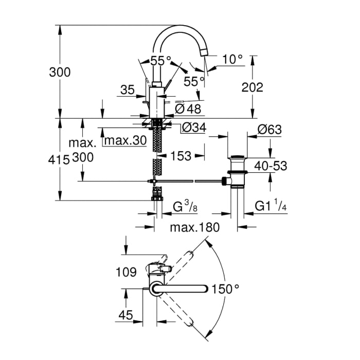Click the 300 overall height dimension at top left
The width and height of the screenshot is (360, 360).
60,72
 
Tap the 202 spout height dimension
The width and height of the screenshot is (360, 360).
252,87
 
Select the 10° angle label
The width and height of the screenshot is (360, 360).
232,60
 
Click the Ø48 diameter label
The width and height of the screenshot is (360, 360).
188,109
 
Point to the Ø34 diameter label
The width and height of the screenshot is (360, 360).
194,128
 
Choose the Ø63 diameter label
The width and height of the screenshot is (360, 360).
269,130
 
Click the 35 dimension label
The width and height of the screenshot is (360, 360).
127,91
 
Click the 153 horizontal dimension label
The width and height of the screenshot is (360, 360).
181,155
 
